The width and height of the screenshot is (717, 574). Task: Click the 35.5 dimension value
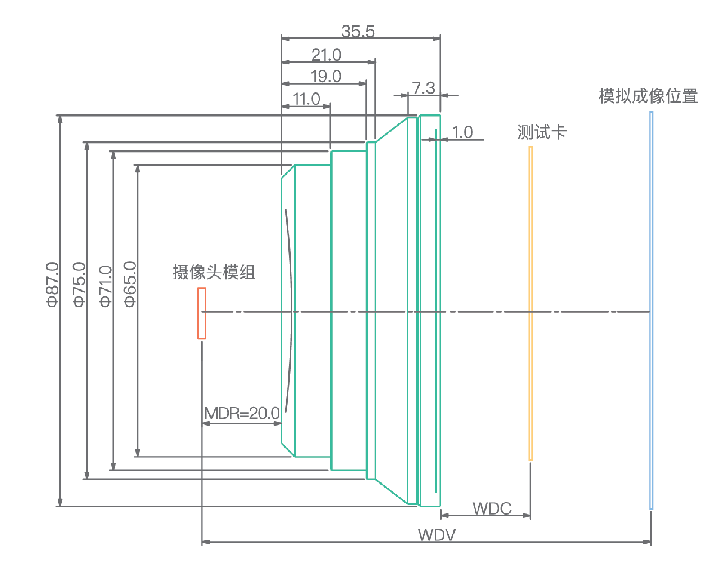coord(358,31)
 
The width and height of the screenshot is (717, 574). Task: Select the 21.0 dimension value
coord(326,55)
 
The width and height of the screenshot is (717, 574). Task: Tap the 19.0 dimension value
coord(326,77)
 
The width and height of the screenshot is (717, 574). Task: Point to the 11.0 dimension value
coord(306,99)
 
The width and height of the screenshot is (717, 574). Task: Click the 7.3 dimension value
coord(423,88)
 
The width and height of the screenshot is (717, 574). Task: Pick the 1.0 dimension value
coord(462,132)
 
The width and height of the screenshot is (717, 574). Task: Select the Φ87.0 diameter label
coord(52,284)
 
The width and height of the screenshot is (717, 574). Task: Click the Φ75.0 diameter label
coord(80,284)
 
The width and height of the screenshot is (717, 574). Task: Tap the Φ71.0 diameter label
coord(106,286)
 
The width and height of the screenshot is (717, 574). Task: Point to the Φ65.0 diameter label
coord(130,284)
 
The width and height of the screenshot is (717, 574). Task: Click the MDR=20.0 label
coord(242,414)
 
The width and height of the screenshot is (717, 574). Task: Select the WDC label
coord(492,509)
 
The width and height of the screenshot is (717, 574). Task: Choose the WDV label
coord(436,535)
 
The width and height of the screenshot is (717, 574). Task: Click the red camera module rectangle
coord(202,313)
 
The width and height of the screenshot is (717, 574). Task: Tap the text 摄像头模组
coord(214,272)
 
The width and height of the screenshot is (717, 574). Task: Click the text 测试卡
coord(542,132)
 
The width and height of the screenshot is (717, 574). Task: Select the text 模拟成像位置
coord(648,96)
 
